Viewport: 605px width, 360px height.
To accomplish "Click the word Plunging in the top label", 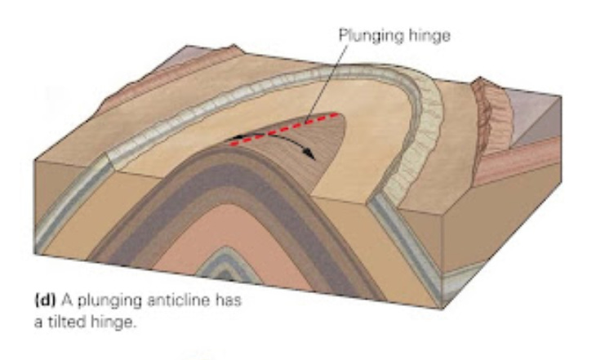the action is (365, 35).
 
